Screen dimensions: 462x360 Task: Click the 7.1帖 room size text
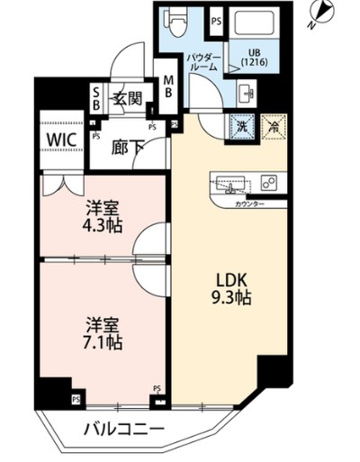[x=100, y=342]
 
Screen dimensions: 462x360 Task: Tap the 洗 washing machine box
[x=240, y=128]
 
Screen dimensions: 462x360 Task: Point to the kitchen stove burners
[x=268, y=182]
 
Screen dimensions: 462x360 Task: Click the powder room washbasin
[x=248, y=90]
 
